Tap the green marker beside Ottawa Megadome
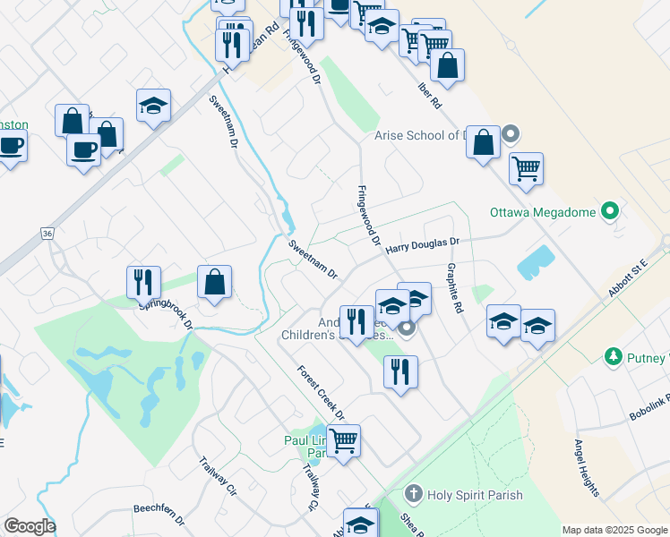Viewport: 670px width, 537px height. click(x=611, y=212)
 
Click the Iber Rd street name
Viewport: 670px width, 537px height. click(x=430, y=96)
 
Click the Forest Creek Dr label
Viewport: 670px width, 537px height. click(x=321, y=391)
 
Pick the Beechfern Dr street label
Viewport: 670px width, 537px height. click(x=159, y=513)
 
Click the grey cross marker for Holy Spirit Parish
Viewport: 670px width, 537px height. click(x=413, y=492)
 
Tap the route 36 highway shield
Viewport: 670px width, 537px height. click(x=47, y=233)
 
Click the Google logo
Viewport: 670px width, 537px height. click(x=30, y=526)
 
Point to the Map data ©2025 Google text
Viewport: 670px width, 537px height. click(x=614, y=530)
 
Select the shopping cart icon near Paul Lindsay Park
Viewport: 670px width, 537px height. click(x=344, y=440)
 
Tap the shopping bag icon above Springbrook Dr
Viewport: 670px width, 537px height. click(x=215, y=283)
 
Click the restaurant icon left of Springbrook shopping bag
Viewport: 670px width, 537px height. click(x=143, y=282)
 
